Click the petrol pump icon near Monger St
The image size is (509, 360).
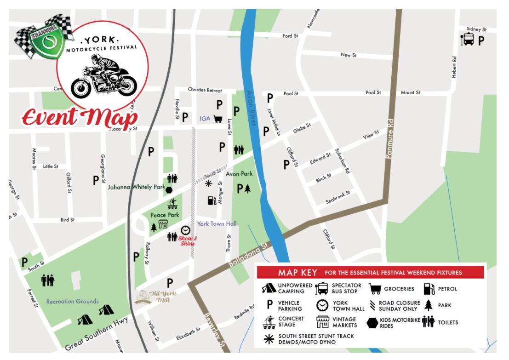click(211, 200)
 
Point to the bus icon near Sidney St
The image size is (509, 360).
click(468, 40)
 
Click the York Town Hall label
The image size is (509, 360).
click(217, 224)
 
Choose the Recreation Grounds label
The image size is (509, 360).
click(72, 302)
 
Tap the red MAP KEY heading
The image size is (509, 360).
click(297, 273)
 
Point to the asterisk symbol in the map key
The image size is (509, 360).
click(268, 339)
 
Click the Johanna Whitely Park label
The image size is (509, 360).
click(136, 187)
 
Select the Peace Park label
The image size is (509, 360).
click(164, 215)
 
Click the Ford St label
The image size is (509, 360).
click(290, 36)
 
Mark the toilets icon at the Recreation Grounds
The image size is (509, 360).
click(48, 280)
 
